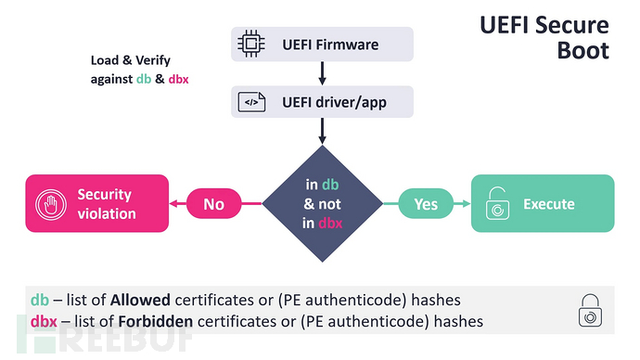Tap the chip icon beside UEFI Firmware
pos(251,43)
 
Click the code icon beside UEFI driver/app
pos(251,102)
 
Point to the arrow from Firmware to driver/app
pos(320,71)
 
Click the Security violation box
pos(97,204)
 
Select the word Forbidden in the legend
pos(149,322)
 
